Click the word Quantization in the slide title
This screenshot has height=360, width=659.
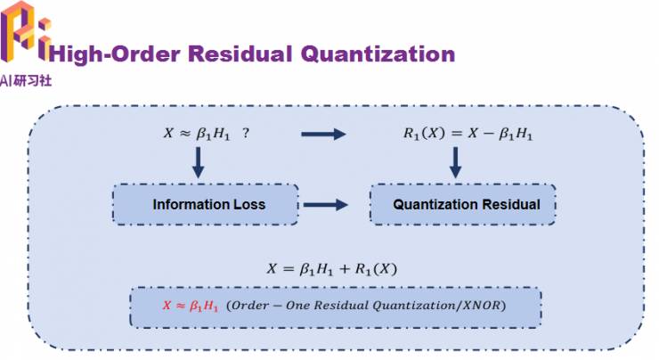click(x=378, y=54)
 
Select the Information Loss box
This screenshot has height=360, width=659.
click(x=208, y=205)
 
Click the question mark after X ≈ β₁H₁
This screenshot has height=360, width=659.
click(x=245, y=133)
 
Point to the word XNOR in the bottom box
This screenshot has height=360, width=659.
click(x=480, y=306)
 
